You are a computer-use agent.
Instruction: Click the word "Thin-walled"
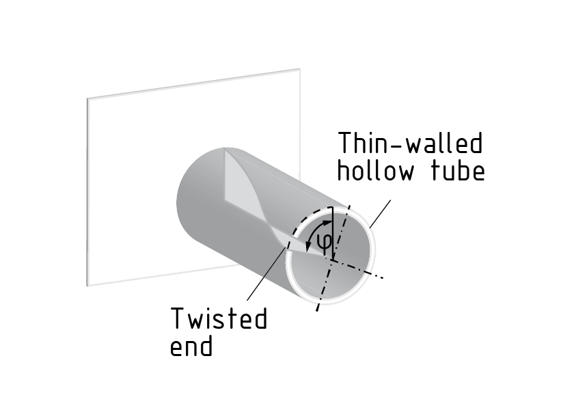[411, 144]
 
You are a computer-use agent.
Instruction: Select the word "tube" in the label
[457, 170]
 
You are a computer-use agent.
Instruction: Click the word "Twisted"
[218, 318]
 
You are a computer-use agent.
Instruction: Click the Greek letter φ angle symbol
[325, 241]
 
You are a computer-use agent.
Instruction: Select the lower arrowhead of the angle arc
[309, 247]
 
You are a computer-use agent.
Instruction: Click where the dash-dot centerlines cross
[333, 259]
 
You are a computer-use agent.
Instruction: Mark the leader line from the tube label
[379, 213]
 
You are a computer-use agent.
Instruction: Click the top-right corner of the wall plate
[299, 69]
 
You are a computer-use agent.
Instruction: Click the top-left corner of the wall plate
[87, 98]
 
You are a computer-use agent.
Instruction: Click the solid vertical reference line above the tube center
[332, 232]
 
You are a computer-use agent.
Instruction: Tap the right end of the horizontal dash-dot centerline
[385, 277]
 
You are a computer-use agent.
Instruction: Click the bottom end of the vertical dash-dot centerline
[316, 311]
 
